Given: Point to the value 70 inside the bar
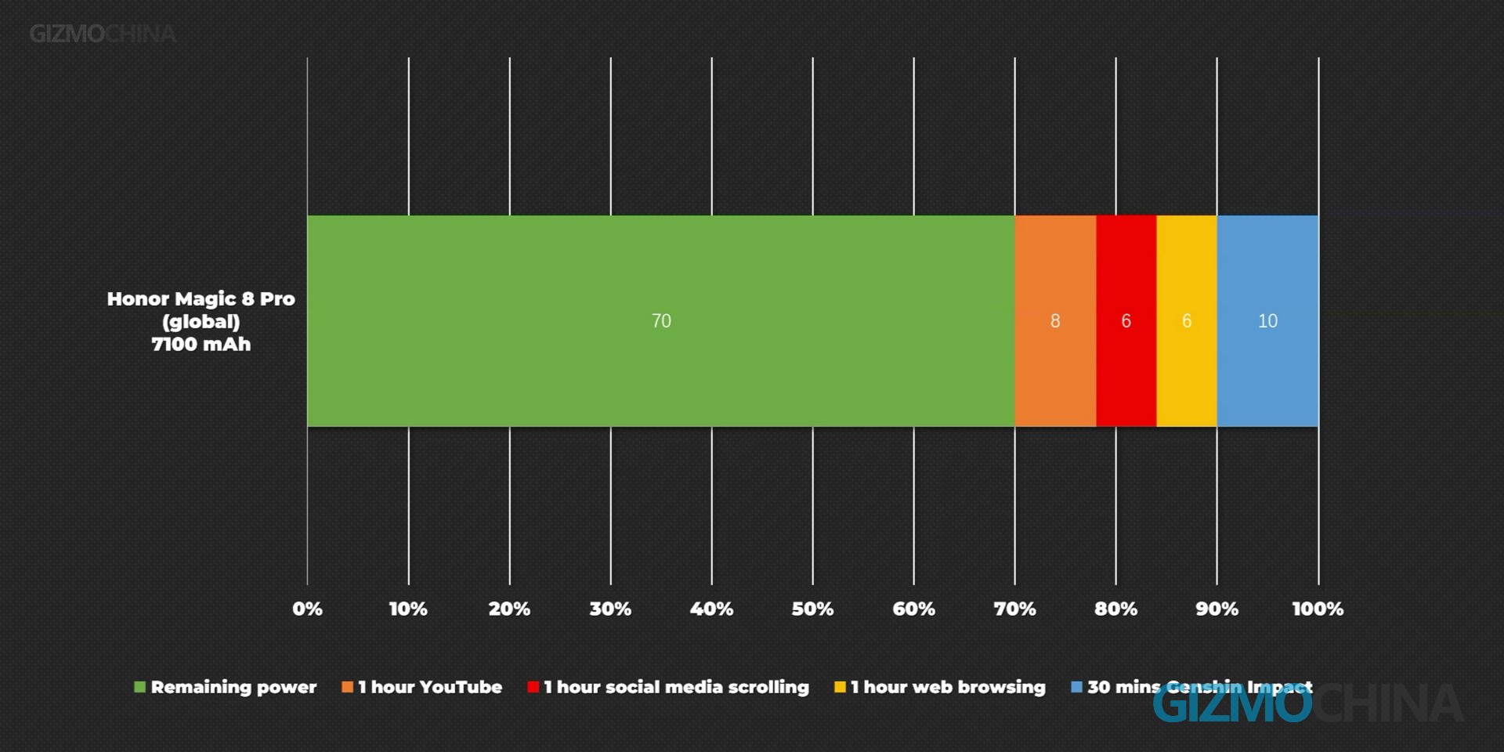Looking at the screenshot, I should point(661,321).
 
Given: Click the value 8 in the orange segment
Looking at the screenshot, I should point(1055,321).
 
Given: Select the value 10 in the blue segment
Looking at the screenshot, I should point(1267,321).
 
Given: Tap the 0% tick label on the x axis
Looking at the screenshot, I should point(307,609).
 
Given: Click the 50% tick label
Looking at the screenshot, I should point(812,609).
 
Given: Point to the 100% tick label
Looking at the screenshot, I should point(1318,609).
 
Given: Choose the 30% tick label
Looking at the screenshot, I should point(610,609).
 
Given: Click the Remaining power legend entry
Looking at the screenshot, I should point(233,687).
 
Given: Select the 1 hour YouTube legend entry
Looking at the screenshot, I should point(429,687).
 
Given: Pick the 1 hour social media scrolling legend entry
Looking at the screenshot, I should point(676,687).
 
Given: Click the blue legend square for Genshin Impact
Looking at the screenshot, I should point(1076,687).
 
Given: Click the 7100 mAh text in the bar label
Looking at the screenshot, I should point(201,345).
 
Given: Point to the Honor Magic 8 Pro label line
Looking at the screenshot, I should point(201,298).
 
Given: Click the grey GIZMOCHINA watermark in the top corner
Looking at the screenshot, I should point(103,34).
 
